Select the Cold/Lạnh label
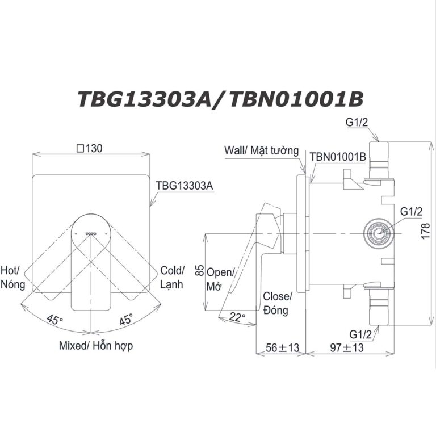(171, 276)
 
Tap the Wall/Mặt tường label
(261, 150)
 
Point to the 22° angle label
(237, 317)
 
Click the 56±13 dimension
(282, 347)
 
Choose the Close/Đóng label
(277, 303)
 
